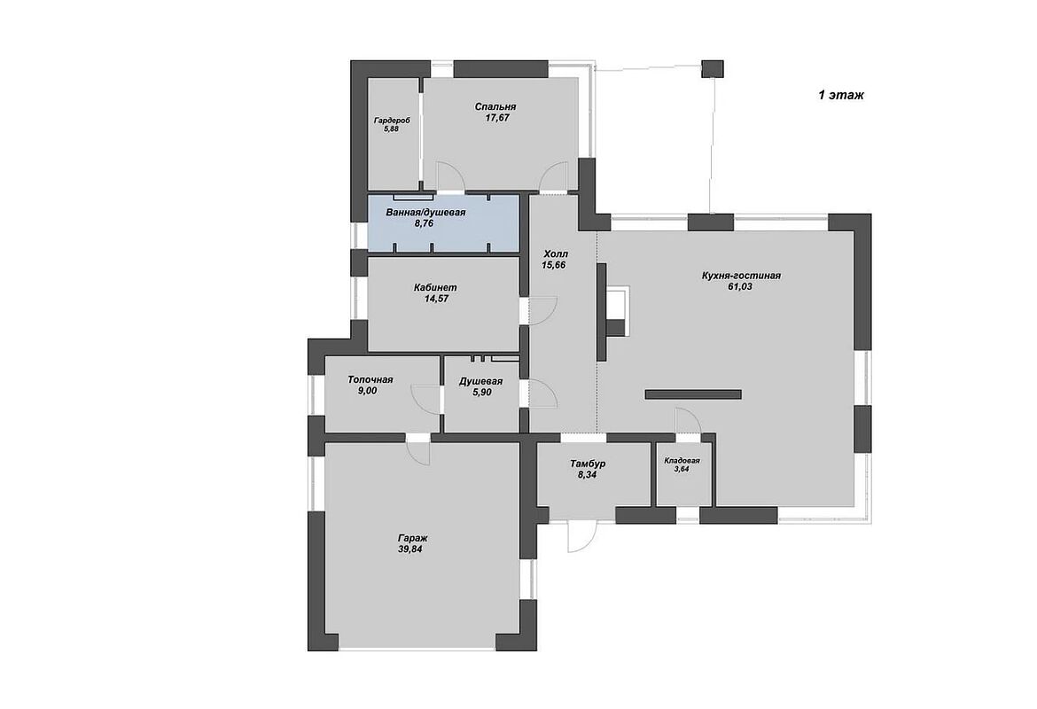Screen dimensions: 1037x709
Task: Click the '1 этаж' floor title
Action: tap(840, 95)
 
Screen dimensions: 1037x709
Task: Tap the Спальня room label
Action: tap(495, 106)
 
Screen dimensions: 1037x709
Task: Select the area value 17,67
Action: tap(496, 118)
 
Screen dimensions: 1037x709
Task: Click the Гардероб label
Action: tap(392, 121)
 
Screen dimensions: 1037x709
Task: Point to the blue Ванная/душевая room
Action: tap(443, 222)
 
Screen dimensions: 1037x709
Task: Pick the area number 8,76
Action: tap(424, 223)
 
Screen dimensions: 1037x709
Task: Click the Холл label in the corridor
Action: tap(556, 254)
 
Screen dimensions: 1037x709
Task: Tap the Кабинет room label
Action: tap(435, 288)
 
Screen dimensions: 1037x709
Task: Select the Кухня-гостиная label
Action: tap(741, 275)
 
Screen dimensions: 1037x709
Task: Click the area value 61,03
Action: tap(740, 286)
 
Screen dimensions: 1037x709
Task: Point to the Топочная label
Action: tap(370, 379)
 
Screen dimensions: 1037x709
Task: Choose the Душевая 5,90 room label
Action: tap(480, 387)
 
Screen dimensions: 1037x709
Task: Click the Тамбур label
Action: tap(588, 464)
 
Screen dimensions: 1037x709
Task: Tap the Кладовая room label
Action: tap(682, 461)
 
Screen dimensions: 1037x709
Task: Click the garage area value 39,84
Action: tap(410, 549)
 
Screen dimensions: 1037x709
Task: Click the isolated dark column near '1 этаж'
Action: tap(713, 69)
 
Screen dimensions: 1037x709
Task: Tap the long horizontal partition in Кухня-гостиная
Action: tap(693, 395)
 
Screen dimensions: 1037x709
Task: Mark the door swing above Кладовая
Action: tap(688, 421)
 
